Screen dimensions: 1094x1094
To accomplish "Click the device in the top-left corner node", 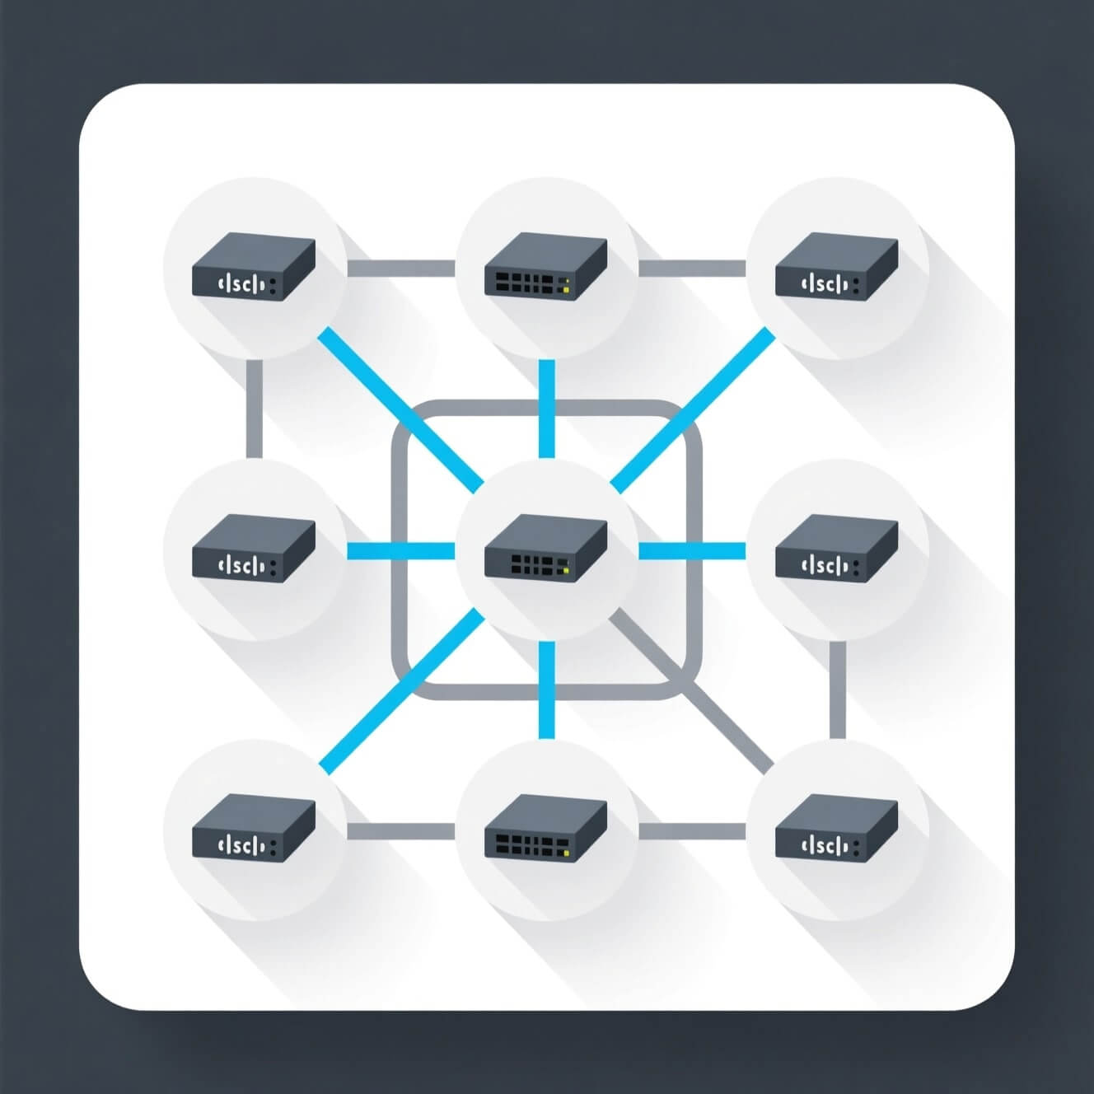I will pos(253,268).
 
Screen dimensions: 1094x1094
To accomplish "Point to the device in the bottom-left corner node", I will pos(253,829).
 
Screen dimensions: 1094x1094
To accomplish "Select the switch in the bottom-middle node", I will pos(545,829).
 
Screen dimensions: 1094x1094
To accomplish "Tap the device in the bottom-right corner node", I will pos(837,829).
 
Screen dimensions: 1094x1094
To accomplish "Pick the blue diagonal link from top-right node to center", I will pos(692,408).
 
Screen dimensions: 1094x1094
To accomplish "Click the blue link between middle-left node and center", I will pos(400,550).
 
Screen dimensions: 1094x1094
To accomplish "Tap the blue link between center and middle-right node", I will pos(692,550).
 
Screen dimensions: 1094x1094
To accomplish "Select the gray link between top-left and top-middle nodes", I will pos(400,268).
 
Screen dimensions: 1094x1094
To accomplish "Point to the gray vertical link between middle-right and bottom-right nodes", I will pos(837,690).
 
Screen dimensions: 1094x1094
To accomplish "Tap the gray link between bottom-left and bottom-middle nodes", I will pos(400,830).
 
